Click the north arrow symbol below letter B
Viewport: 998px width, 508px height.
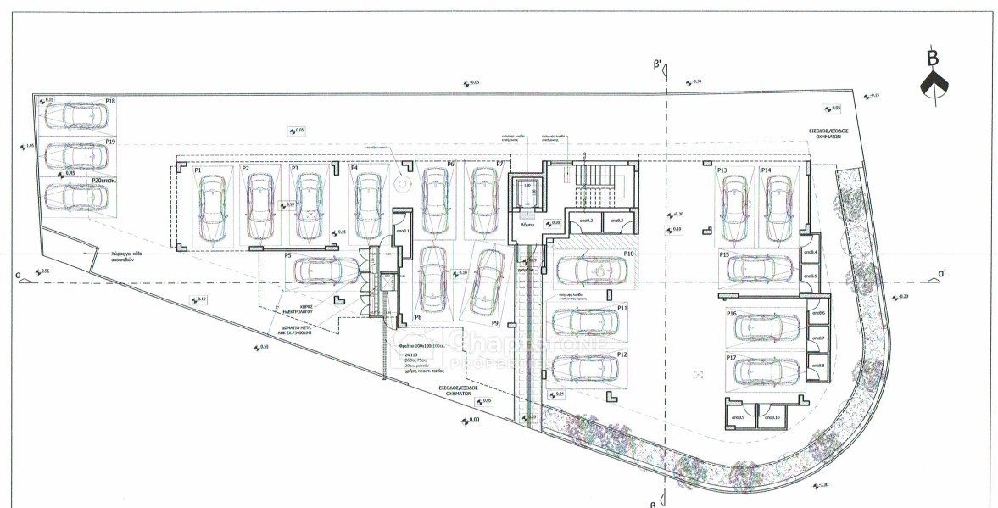[933, 85]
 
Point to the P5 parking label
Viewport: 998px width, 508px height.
[288, 254]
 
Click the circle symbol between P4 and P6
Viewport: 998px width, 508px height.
[403, 181]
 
